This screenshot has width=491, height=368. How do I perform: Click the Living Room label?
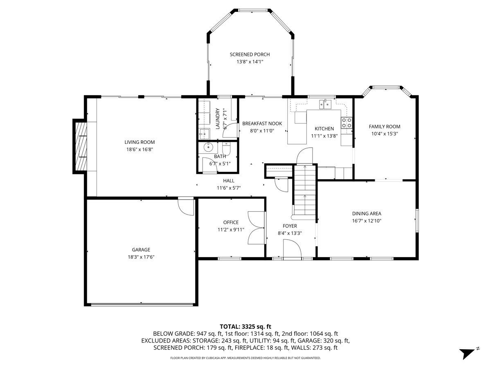(x=140, y=142)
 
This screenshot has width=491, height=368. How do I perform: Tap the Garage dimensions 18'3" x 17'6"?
(x=141, y=257)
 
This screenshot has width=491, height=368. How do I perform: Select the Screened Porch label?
(x=250, y=54)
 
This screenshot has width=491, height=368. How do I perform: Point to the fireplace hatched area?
(x=81, y=146)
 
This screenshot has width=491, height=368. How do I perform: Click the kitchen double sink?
(x=325, y=104)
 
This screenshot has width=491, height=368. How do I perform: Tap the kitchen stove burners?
(x=346, y=123)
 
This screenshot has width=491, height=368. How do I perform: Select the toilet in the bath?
(x=226, y=148)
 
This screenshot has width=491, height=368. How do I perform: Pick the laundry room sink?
(x=204, y=134)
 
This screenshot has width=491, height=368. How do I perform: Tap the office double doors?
(x=257, y=228)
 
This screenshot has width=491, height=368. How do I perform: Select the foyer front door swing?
(x=292, y=249)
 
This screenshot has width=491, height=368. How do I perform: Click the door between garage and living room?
(x=186, y=206)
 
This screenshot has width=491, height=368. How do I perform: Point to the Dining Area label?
(x=367, y=213)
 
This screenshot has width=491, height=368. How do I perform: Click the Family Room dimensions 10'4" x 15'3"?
(x=385, y=134)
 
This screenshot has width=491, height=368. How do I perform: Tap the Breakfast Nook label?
(x=262, y=123)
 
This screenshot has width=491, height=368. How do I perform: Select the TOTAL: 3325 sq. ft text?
(x=245, y=327)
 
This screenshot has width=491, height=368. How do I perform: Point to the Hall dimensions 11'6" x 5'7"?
(x=229, y=188)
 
